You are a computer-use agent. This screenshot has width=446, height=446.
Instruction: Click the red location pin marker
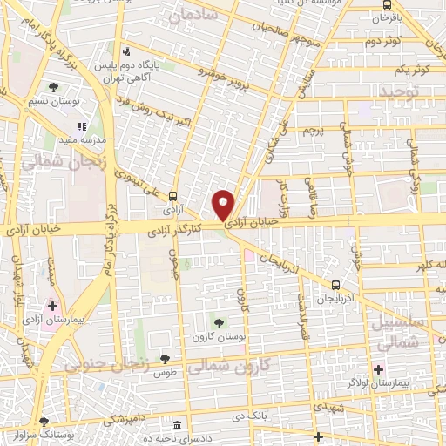[225, 204]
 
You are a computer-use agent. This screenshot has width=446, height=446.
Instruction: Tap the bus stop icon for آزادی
[172, 196]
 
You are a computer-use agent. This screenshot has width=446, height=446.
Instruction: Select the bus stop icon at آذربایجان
[335, 285]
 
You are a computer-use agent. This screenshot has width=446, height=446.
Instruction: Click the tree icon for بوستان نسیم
[54, 87]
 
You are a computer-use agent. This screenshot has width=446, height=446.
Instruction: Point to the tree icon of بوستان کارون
[219, 323]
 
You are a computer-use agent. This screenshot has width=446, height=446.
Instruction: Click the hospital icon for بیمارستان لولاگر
[379, 368]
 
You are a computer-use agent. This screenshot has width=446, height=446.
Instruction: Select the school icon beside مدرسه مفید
[82, 126]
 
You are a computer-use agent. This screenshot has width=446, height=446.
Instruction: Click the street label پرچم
[313, 131]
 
